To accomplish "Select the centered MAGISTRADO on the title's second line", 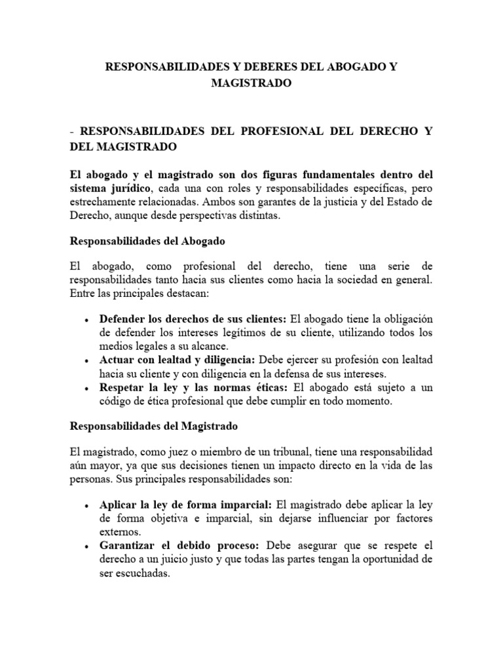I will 251,84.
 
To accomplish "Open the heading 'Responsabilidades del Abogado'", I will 147,241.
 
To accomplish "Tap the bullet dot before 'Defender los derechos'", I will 88,319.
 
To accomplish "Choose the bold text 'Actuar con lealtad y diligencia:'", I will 178,360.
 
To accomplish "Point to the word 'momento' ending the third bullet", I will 371,401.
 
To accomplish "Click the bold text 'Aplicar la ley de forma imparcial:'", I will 186,505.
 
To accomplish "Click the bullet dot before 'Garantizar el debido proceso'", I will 88,546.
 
